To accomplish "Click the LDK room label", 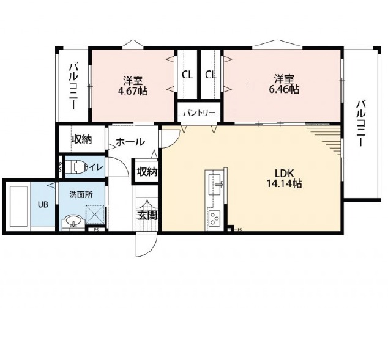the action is click(284, 174).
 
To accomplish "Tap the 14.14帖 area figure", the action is click(284, 183).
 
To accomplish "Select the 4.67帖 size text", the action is click(133, 91).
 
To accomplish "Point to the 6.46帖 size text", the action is click(284, 89).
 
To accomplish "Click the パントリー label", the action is click(200, 112).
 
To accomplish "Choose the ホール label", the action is click(130, 142).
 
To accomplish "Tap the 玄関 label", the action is click(147, 216).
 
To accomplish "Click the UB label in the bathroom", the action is click(43, 205).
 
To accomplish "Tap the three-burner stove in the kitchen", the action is click(214, 218).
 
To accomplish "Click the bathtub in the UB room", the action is click(18, 206).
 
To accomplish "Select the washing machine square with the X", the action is click(95, 214).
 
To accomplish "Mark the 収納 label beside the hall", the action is click(82, 139).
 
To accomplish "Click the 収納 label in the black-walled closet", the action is click(147, 172).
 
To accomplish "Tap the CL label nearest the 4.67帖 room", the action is click(187, 75).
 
